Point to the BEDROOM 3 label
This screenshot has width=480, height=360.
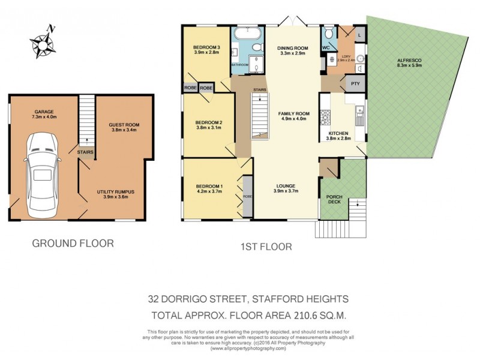coord(206,48)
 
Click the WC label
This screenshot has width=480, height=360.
coord(326,47)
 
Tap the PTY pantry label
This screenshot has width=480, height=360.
coord(355,84)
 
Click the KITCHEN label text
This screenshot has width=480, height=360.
coord(338,133)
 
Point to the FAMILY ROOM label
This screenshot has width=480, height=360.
coord(293,113)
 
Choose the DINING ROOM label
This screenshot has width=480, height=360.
coord(293,48)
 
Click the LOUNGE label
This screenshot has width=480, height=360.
coord(286,185)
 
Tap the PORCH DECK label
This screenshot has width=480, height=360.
coord(334,200)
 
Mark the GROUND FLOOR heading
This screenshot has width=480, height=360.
coord(73,244)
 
